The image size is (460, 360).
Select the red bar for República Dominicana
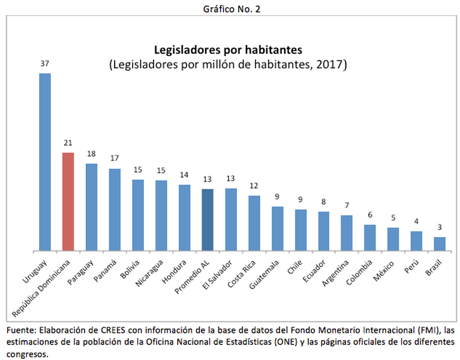click(x=68, y=202)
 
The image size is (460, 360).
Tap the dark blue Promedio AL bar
click(x=208, y=220)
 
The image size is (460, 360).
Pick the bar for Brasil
click(x=440, y=244)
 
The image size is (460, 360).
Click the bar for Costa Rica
click(x=254, y=223)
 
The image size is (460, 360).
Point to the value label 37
click(x=45, y=63)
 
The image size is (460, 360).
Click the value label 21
click(x=68, y=143)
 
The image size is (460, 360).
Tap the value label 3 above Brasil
click(x=440, y=227)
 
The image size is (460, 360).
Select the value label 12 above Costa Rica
click(x=254, y=186)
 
